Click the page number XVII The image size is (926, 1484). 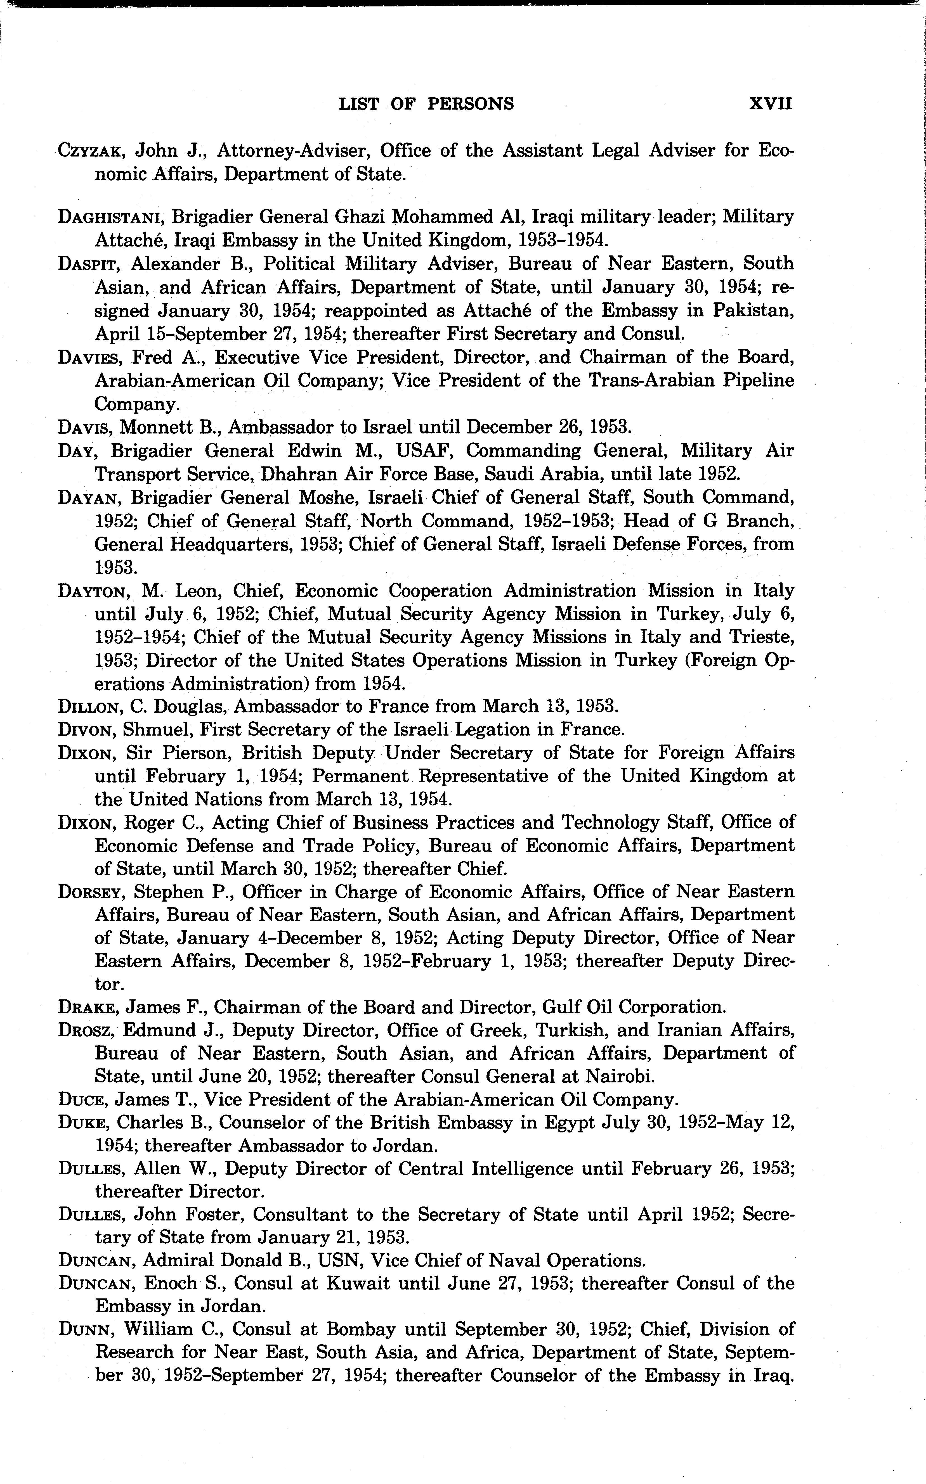pyautogui.click(x=771, y=103)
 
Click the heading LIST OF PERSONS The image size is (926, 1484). pyautogui.click(x=426, y=103)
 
